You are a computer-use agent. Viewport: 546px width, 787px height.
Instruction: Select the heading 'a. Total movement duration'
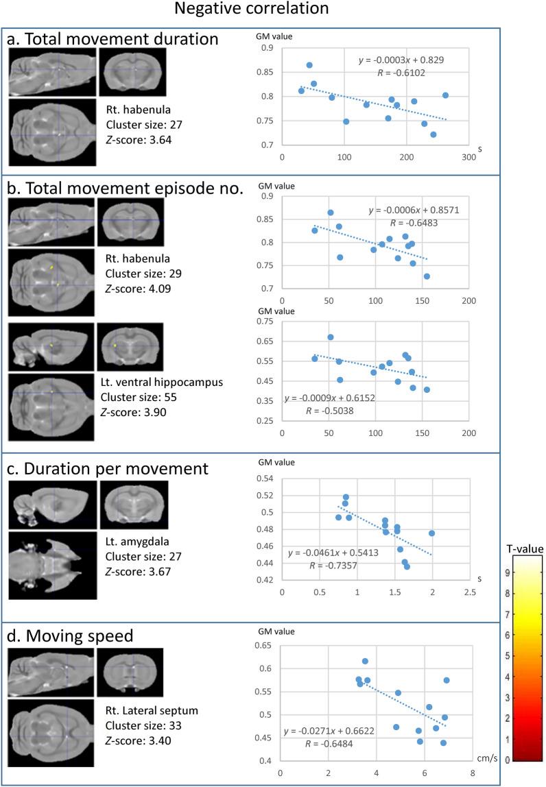point(112,39)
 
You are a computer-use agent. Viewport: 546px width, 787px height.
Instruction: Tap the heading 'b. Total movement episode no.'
point(125,190)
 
